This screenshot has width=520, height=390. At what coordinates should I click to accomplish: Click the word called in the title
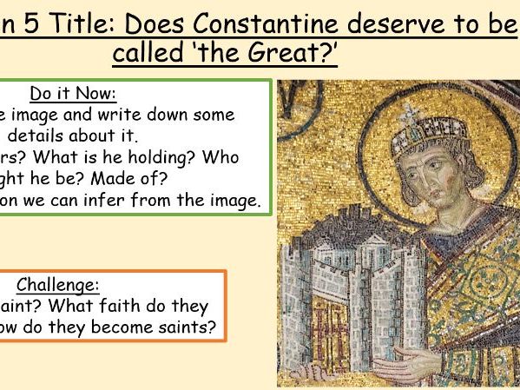pyautogui.click(x=149, y=54)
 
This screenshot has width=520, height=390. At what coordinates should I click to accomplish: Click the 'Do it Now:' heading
pyautogui.click(x=73, y=94)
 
